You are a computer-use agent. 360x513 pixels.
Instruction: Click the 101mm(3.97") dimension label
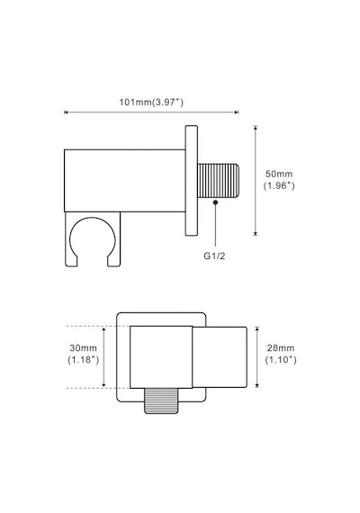(x=151, y=102)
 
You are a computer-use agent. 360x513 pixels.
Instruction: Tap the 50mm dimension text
(x=279, y=174)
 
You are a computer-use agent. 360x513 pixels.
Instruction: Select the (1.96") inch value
(x=279, y=185)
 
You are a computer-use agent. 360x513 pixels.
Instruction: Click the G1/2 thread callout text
(x=214, y=256)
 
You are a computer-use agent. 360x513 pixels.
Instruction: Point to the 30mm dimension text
(x=83, y=347)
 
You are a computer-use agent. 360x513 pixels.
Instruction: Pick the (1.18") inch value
(x=84, y=360)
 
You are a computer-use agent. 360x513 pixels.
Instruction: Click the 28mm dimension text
(x=281, y=347)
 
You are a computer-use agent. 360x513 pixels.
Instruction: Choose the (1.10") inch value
(x=281, y=360)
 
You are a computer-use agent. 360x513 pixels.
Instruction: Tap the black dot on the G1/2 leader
(x=215, y=202)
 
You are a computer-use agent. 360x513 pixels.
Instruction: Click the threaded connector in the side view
(x=219, y=181)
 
